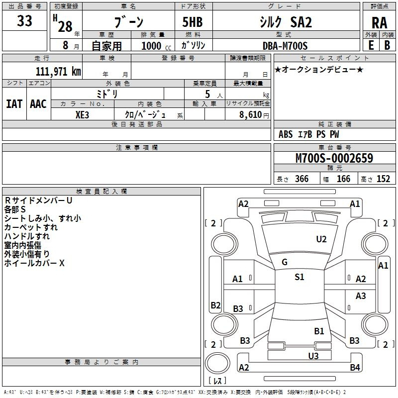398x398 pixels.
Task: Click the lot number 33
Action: click(24, 20)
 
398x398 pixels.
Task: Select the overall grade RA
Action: click(379, 23)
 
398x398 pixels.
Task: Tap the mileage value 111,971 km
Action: click(58, 72)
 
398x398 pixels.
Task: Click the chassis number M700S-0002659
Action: click(334, 158)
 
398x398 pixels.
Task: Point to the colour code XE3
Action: click(82, 115)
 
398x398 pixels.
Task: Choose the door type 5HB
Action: click(193, 22)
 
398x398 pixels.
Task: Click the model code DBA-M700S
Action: click(285, 46)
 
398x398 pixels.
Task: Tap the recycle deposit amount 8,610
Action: click(251, 115)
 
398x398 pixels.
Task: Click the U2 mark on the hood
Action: click(321, 239)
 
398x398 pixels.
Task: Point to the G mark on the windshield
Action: click(285, 262)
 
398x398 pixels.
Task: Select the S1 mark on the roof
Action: click(299, 277)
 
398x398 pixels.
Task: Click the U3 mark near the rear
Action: click(313, 356)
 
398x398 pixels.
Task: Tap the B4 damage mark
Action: click(355, 367)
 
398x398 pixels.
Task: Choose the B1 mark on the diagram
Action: click(319, 331)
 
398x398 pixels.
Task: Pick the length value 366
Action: click(301, 179)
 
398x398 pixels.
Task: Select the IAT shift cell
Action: click(14, 104)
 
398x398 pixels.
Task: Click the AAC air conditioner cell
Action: click(38, 104)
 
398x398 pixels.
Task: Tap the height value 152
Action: click(383, 179)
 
